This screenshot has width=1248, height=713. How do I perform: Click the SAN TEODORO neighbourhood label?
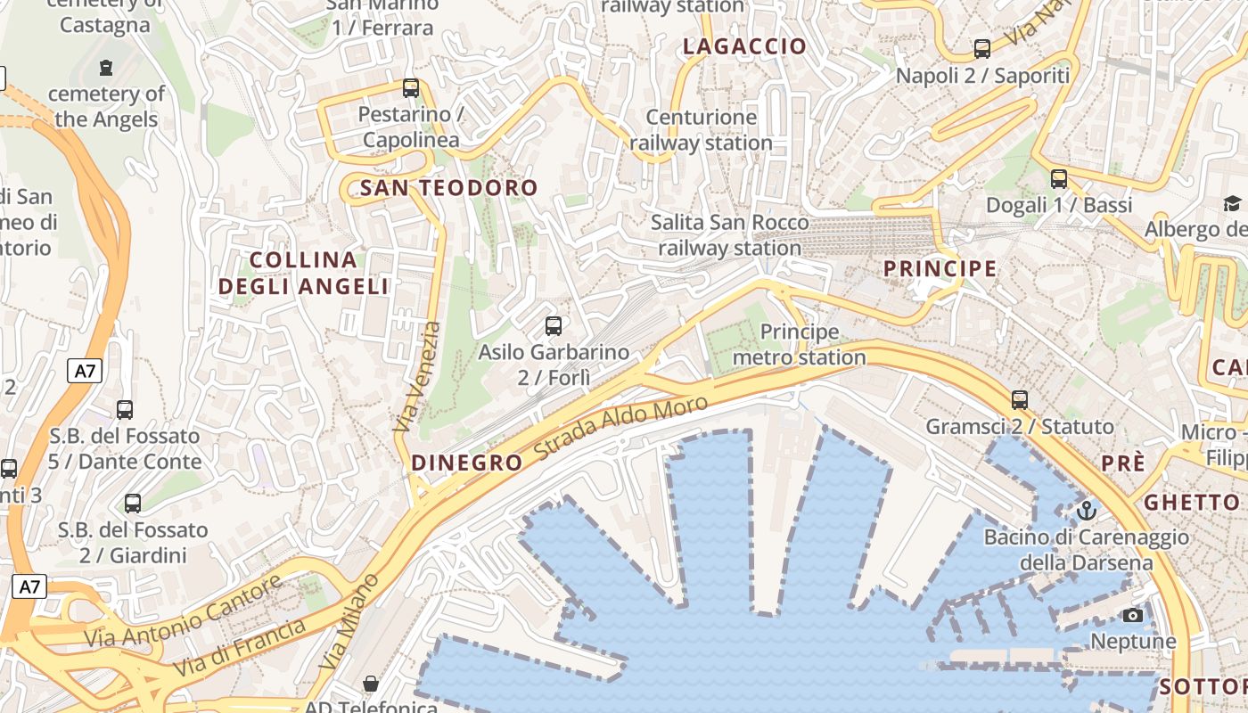coord(449,188)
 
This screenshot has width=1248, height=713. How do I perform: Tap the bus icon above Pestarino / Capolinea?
coord(411,88)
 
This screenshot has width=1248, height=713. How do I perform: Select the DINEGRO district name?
coord(466,463)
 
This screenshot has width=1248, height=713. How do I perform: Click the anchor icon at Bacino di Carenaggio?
coord(1086,511)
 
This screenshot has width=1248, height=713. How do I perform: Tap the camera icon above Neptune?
coord(1133,615)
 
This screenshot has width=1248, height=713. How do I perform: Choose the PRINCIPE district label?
coord(940,268)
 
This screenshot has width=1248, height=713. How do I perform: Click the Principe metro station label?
coord(799,345)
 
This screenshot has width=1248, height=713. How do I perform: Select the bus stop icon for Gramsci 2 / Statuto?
coord(1020,400)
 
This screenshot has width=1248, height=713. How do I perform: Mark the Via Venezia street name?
coord(418,377)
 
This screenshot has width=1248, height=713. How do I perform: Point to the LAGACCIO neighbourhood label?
coord(744,47)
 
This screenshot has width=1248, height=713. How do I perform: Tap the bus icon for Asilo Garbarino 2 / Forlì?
coord(554,326)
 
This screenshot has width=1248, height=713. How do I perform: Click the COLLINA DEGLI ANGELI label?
coord(304,273)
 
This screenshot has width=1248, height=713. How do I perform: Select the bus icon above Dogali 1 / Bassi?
coord(1059,179)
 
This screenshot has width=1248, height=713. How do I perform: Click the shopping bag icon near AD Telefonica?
coord(371,684)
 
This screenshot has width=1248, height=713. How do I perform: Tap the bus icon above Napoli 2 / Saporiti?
coord(982,49)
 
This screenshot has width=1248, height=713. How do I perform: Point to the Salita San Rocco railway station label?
coord(730,235)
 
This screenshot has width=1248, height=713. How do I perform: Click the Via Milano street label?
coord(349,622)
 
